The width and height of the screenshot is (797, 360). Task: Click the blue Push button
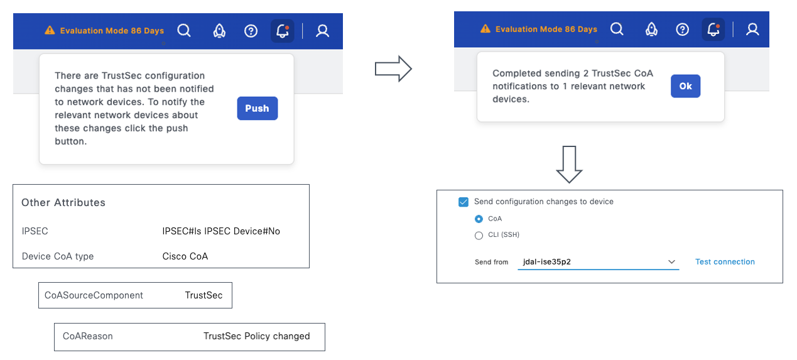click(x=258, y=108)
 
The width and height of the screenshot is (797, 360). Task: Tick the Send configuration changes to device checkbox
click(x=464, y=202)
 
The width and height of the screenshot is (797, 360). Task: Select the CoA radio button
click(x=479, y=219)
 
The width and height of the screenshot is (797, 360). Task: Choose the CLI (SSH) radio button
click(x=479, y=236)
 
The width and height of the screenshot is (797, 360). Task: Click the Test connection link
click(x=725, y=262)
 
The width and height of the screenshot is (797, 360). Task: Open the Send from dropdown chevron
click(x=671, y=262)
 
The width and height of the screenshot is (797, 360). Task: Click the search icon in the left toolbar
click(x=184, y=31)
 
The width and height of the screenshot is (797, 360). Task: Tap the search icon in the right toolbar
click(x=617, y=29)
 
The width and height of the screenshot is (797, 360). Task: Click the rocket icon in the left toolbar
click(x=219, y=31)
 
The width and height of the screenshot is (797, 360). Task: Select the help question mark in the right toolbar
click(x=682, y=29)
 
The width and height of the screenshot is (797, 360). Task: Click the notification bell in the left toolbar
click(x=283, y=31)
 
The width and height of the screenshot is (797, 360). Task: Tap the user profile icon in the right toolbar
click(x=752, y=29)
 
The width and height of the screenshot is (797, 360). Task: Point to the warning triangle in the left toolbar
click(x=50, y=30)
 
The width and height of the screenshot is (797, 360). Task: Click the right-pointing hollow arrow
click(x=393, y=68)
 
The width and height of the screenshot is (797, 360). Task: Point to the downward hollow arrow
click(x=569, y=164)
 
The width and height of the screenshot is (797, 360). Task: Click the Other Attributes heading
click(x=63, y=202)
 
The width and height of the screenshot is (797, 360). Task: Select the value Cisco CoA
click(x=185, y=256)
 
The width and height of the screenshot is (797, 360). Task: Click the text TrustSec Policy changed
click(x=256, y=336)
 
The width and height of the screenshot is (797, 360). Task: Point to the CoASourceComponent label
click(x=94, y=295)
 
